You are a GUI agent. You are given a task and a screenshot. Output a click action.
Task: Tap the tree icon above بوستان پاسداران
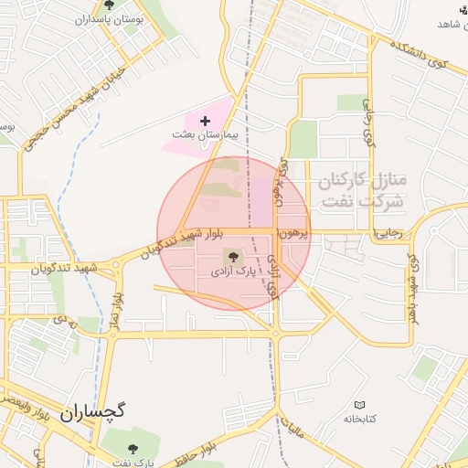pos(109,5)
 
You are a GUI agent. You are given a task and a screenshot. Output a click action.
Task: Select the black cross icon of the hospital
pos(204,120)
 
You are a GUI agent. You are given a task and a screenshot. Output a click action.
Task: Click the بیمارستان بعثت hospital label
pos(205,134)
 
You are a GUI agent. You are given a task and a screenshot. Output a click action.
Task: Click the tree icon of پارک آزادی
pos(233,258)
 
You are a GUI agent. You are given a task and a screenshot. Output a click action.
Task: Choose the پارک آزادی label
pos(234,271)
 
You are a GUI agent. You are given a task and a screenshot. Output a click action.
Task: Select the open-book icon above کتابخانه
pos(359,404)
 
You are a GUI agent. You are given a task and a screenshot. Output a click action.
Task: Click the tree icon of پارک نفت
pos(133,449)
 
